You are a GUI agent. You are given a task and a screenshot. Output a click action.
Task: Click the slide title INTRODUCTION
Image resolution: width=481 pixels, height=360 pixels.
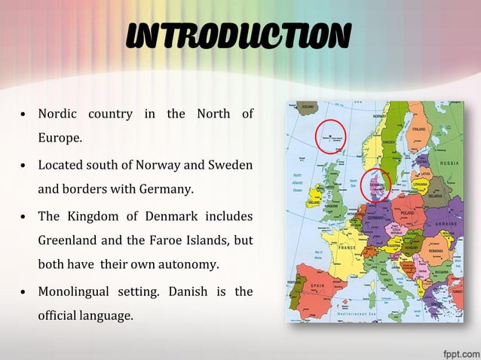tap(238, 35)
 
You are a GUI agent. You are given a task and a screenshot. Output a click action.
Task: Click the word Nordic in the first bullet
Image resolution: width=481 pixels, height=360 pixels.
tap(57, 114)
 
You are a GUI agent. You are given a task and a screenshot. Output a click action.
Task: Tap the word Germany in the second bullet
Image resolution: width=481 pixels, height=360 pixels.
tap(170, 188)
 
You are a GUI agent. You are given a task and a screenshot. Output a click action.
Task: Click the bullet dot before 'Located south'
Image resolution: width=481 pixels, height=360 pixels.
tap(25, 165)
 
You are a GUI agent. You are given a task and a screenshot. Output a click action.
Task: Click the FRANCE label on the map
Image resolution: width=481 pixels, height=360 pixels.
tap(348, 247)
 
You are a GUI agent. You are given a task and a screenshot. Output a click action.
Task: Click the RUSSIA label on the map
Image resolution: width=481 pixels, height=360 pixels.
tap(450, 163)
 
